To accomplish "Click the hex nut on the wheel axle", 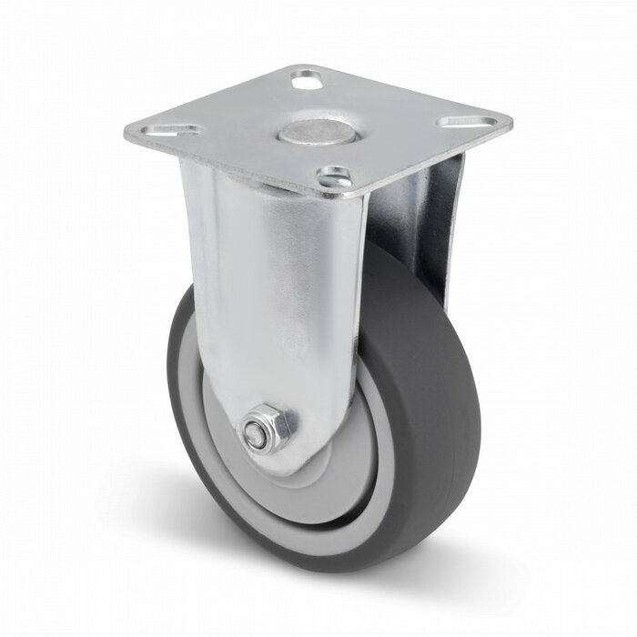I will point(268,428).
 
